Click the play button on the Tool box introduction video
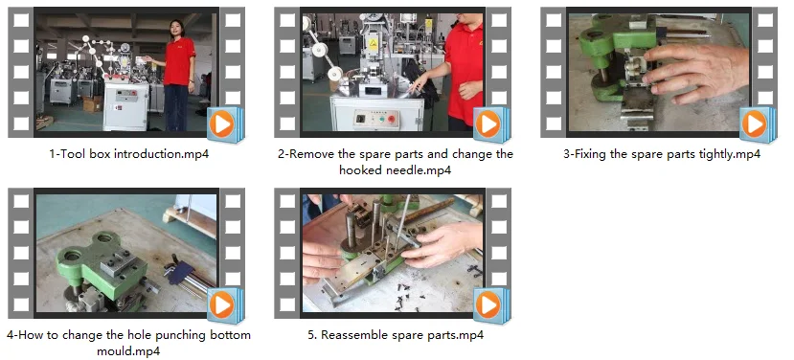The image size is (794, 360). coord(222,124)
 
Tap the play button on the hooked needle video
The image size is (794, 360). coord(488,124)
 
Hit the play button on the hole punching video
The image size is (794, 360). coord(222,305)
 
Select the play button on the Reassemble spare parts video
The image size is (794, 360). coord(488,305)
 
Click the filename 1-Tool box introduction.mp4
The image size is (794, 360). coord(129,154)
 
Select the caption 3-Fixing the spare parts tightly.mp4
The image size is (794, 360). coord(662,154)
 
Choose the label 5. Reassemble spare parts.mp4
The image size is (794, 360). coord(396,335)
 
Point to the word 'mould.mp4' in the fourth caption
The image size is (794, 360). coord(128,350)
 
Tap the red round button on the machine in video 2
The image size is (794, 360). coord(391,120)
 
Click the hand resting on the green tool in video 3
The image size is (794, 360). coord(699,71)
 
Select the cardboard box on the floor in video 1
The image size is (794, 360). coord(93,103)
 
